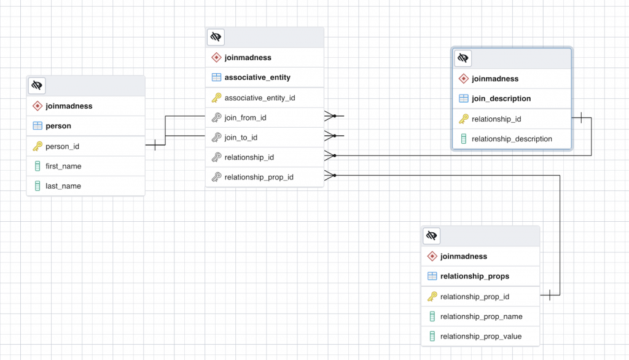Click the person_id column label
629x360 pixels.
pos(62,146)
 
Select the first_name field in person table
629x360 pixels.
pos(63,166)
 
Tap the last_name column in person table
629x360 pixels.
pos(63,186)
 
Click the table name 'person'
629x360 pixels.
pos(58,126)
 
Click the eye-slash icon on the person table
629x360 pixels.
pos(37,85)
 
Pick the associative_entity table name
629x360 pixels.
pos(257,77)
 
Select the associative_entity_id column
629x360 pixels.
pos(260,98)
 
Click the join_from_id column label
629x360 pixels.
pos(245,117)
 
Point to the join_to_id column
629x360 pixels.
pos(241,137)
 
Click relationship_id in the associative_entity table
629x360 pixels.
pos(249,157)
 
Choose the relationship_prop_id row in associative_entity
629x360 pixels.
pos(259,177)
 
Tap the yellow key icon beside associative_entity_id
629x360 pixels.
pos(216,98)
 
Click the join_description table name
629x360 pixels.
pos(501,98)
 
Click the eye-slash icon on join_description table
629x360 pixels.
pos(463,58)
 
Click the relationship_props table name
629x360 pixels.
pos(474,276)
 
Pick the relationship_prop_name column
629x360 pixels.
pos(481,316)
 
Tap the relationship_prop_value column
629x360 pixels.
pos(480,336)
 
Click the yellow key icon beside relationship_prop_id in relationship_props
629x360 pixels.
pos(432,297)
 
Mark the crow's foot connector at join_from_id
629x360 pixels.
pos(331,116)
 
